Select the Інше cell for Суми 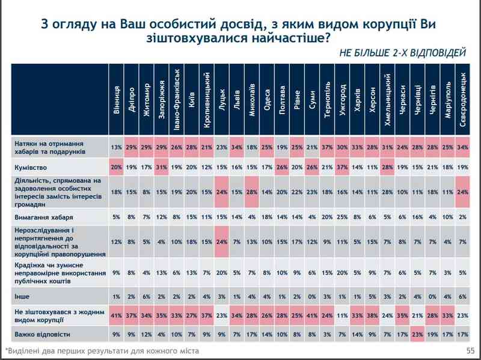(x=312, y=296)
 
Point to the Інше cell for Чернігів (x=433, y=296)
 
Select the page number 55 (x=470, y=349)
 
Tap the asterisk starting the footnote (x=7, y=349)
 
